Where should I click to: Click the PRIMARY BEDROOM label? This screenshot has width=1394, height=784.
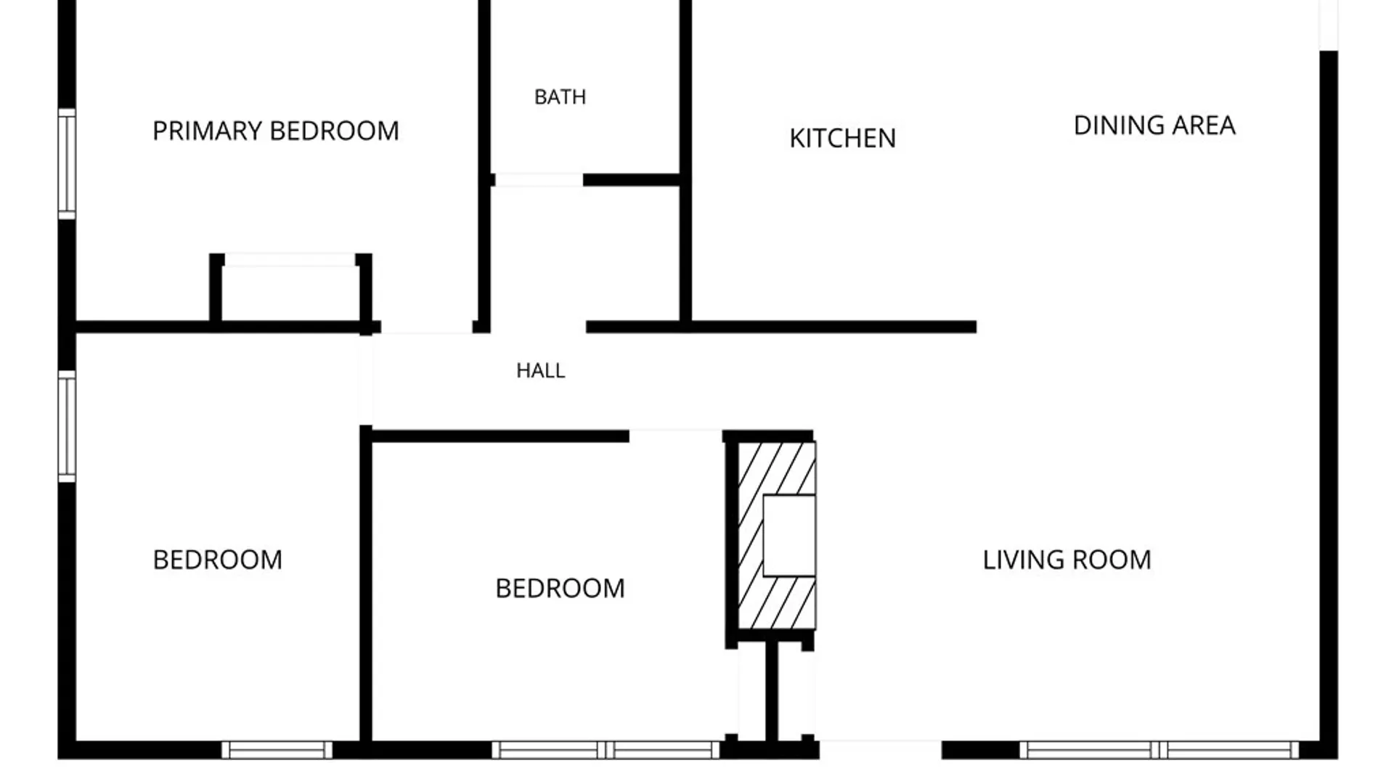(x=276, y=131)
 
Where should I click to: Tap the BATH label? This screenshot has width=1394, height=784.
(x=560, y=97)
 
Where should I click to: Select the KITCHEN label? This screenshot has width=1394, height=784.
(x=842, y=139)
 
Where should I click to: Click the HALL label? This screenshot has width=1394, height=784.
(x=540, y=371)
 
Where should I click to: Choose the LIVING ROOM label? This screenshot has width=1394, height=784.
(x=1067, y=560)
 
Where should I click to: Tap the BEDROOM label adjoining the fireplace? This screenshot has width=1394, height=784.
(x=560, y=589)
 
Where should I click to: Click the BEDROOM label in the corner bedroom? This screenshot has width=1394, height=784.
(x=217, y=560)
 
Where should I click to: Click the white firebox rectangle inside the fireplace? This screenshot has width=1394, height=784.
(x=789, y=536)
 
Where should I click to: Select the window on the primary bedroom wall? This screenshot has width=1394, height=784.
(x=67, y=163)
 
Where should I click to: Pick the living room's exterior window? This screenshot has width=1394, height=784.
(x=1159, y=750)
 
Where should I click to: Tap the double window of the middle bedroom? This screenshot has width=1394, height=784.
(x=606, y=750)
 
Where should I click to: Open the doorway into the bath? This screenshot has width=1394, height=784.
(x=538, y=180)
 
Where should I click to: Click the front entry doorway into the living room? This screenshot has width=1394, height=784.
(x=880, y=750)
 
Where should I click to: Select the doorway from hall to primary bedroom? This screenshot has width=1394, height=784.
(x=427, y=327)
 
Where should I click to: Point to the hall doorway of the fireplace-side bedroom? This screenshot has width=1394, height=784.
(x=675, y=436)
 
